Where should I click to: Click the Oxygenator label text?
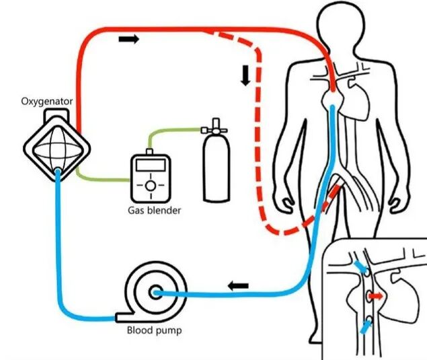point(47,102)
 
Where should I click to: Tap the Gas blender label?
point(155,211)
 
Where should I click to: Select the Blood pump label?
point(155,330)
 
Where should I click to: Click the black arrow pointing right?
point(129,39)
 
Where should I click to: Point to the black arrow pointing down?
point(245,75)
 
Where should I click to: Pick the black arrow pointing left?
point(238,286)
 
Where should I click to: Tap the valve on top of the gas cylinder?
point(215,127)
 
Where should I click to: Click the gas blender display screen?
point(151,165)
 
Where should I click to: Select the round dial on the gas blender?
point(151,186)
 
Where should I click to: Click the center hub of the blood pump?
point(156,293)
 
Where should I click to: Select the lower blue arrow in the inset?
point(366,327)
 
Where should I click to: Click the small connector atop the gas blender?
point(149,152)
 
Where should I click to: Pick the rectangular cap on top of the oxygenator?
point(56,114)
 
